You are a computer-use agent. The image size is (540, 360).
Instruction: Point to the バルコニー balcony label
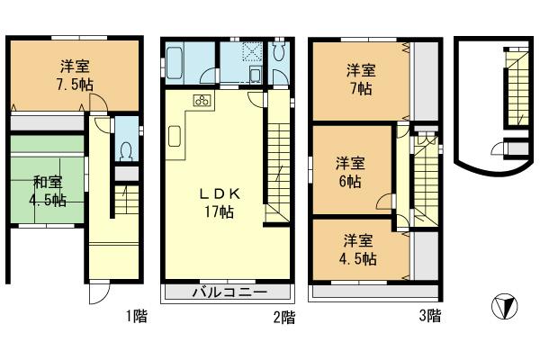tap(229, 293)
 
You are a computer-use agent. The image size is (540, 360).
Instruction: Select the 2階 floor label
tap(283, 316)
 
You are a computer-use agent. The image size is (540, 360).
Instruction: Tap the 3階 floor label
tap(429, 316)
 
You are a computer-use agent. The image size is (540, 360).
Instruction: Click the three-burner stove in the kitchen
tap(200, 102)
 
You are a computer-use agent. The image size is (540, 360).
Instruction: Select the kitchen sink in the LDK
tap(174, 138)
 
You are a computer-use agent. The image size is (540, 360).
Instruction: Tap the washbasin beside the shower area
tap(254, 72)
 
